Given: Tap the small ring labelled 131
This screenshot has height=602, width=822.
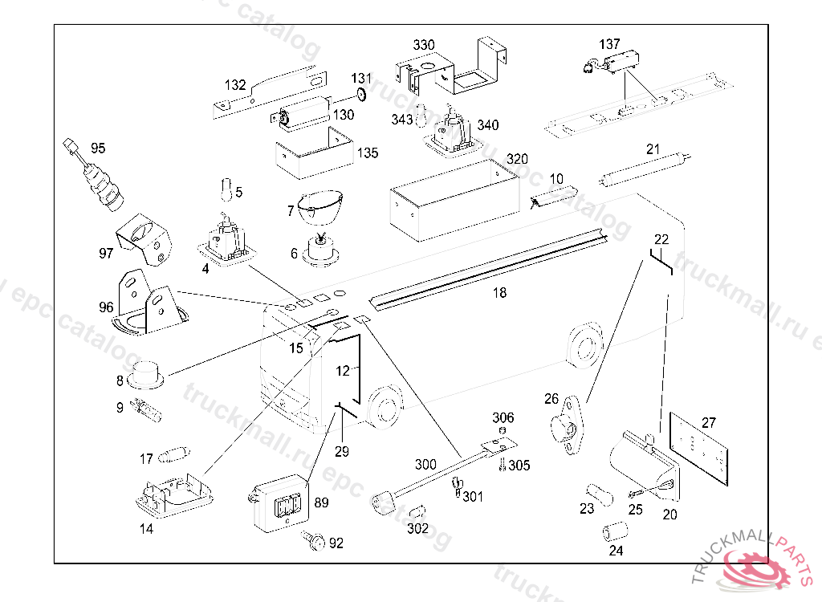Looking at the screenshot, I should (x=360, y=96).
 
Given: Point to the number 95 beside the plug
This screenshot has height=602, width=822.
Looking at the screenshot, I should (x=98, y=148).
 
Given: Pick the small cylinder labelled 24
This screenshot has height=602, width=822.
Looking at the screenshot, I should (x=615, y=531).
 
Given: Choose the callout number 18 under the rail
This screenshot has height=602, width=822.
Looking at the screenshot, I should (x=499, y=293).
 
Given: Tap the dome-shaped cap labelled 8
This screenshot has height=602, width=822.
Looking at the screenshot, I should (x=144, y=373).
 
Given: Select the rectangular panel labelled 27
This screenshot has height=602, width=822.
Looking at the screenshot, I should (x=698, y=451).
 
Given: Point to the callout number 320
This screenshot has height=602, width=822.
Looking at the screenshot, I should (x=517, y=159).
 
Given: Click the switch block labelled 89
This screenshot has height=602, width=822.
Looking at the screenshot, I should (x=279, y=506).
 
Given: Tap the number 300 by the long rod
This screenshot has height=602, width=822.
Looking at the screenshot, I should (x=425, y=464).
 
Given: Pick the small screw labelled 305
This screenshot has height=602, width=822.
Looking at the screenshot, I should (x=503, y=464).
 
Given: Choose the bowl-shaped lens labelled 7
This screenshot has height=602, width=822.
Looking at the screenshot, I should (x=319, y=207).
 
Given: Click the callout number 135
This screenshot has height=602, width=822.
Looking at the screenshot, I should (x=368, y=153).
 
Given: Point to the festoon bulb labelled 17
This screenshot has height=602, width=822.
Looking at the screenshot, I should (x=174, y=456).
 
